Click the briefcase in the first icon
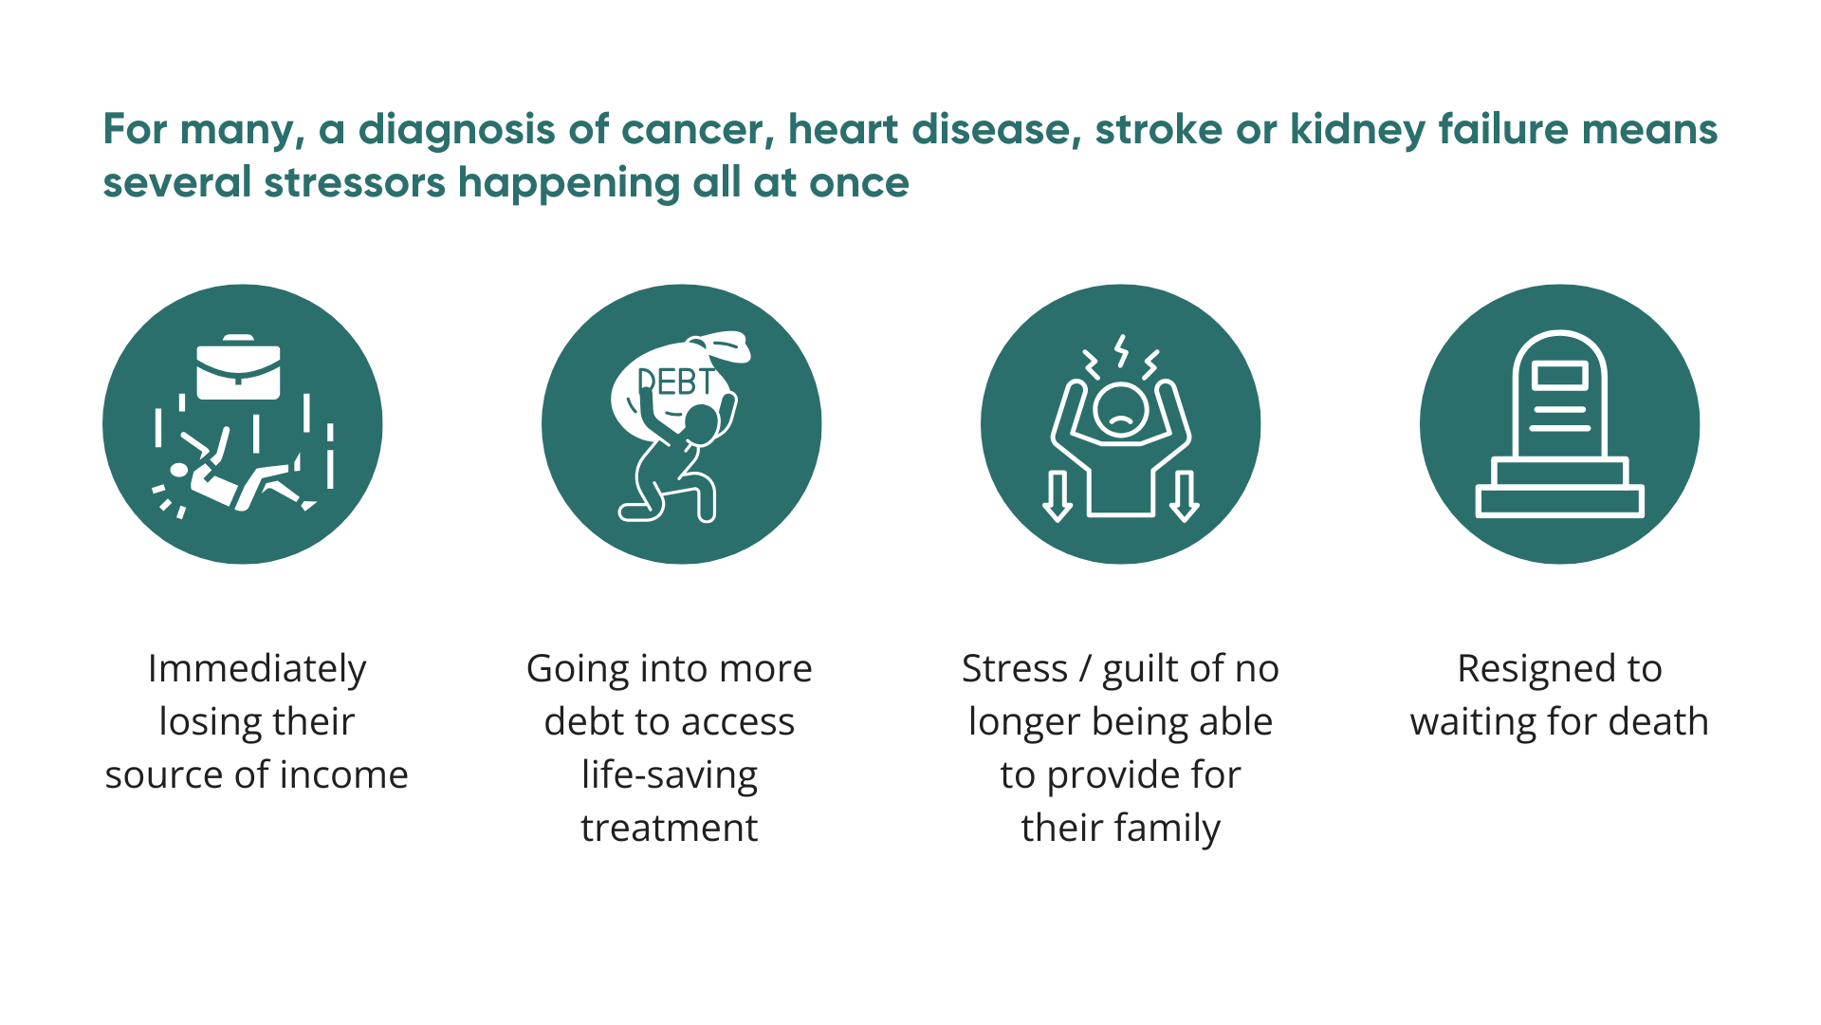(238, 367)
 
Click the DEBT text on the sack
(675, 382)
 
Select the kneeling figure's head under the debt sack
(702, 421)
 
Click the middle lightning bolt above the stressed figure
(1122, 350)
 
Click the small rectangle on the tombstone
(1560, 375)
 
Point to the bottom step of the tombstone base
(1560, 501)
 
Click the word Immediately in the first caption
(257, 670)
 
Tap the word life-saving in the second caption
(670, 775)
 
